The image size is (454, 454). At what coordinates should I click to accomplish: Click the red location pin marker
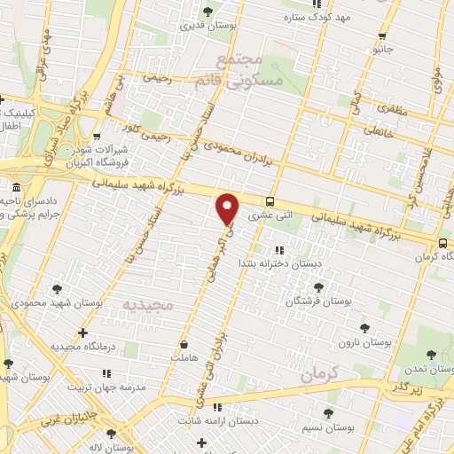click(x=228, y=207)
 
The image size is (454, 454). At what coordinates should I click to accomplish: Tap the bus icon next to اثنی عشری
click(x=270, y=201)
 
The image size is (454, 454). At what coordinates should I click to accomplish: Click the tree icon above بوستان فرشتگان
click(x=319, y=287)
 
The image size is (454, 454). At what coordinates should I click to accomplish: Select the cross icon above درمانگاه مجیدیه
click(x=82, y=333)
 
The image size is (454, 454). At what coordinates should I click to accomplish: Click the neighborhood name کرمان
click(x=320, y=375)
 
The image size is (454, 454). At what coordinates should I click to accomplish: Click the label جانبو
click(x=382, y=50)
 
